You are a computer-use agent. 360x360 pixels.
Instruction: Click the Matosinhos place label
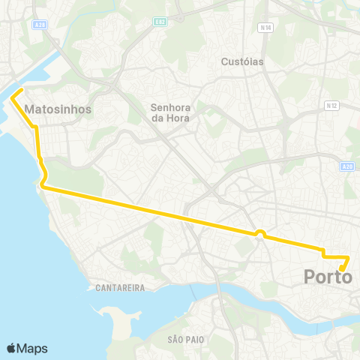pyautogui.click(x=58, y=109)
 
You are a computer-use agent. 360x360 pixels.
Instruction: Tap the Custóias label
pyautogui.click(x=243, y=61)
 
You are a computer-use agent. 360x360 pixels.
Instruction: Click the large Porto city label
pyautogui.click(x=328, y=277)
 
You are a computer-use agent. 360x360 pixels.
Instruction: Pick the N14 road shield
pyautogui.click(x=264, y=28)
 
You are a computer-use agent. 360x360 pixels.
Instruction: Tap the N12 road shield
pyautogui.click(x=331, y=106)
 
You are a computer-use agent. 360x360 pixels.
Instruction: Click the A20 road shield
pyautogui.click(x=346, y=167)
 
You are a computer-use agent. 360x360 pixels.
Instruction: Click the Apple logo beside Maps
pyautogui.click(x=13, y=348)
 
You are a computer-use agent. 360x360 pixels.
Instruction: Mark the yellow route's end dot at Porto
pyautogui.click(x=341, y=268)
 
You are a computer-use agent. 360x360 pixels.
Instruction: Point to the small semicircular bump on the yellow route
pyautogui.click(x=259, y=232)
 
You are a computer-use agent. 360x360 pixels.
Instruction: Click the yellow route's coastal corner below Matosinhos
pyautogui.click(x=42, y=187)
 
